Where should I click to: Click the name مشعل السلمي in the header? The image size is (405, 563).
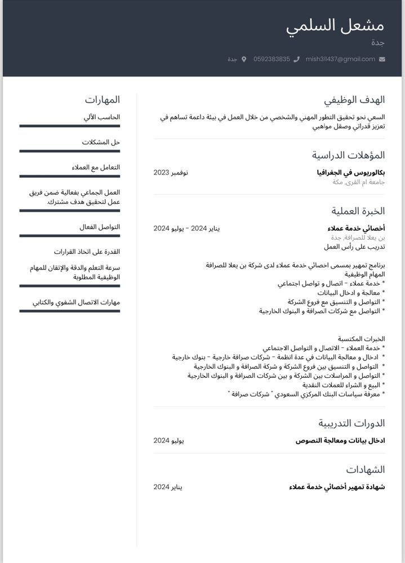coord(335,26)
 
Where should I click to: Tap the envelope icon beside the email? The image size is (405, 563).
coord(382,59)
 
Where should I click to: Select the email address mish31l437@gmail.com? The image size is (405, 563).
coord(340,59)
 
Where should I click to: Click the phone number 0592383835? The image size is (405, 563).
coord(272,59)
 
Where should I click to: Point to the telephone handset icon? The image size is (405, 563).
coord(297,59)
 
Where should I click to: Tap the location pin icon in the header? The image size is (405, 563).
coord(244,59)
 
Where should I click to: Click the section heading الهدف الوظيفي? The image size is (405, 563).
coord(354,100)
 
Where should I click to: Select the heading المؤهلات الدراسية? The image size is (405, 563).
coord(348,155)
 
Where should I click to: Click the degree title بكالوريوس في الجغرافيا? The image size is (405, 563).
coord(351,172)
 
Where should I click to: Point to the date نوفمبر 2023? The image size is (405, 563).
coord(171,172)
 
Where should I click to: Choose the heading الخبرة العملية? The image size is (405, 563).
coord(358,211)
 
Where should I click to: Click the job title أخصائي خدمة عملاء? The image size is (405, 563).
coord(356,228)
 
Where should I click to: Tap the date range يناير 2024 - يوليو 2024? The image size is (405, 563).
coord(186,228)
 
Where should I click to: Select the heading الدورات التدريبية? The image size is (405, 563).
coord(351,423)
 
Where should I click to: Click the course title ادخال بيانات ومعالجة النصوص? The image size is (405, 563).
coord(340,440)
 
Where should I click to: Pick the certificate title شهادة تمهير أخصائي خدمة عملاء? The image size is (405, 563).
coord(337,486)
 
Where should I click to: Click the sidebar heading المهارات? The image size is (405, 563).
coord(103,100)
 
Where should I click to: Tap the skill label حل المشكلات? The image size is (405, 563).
coord(101,142)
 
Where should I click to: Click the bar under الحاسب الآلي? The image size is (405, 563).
coord(69,126)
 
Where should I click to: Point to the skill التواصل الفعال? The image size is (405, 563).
coord(100,227)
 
